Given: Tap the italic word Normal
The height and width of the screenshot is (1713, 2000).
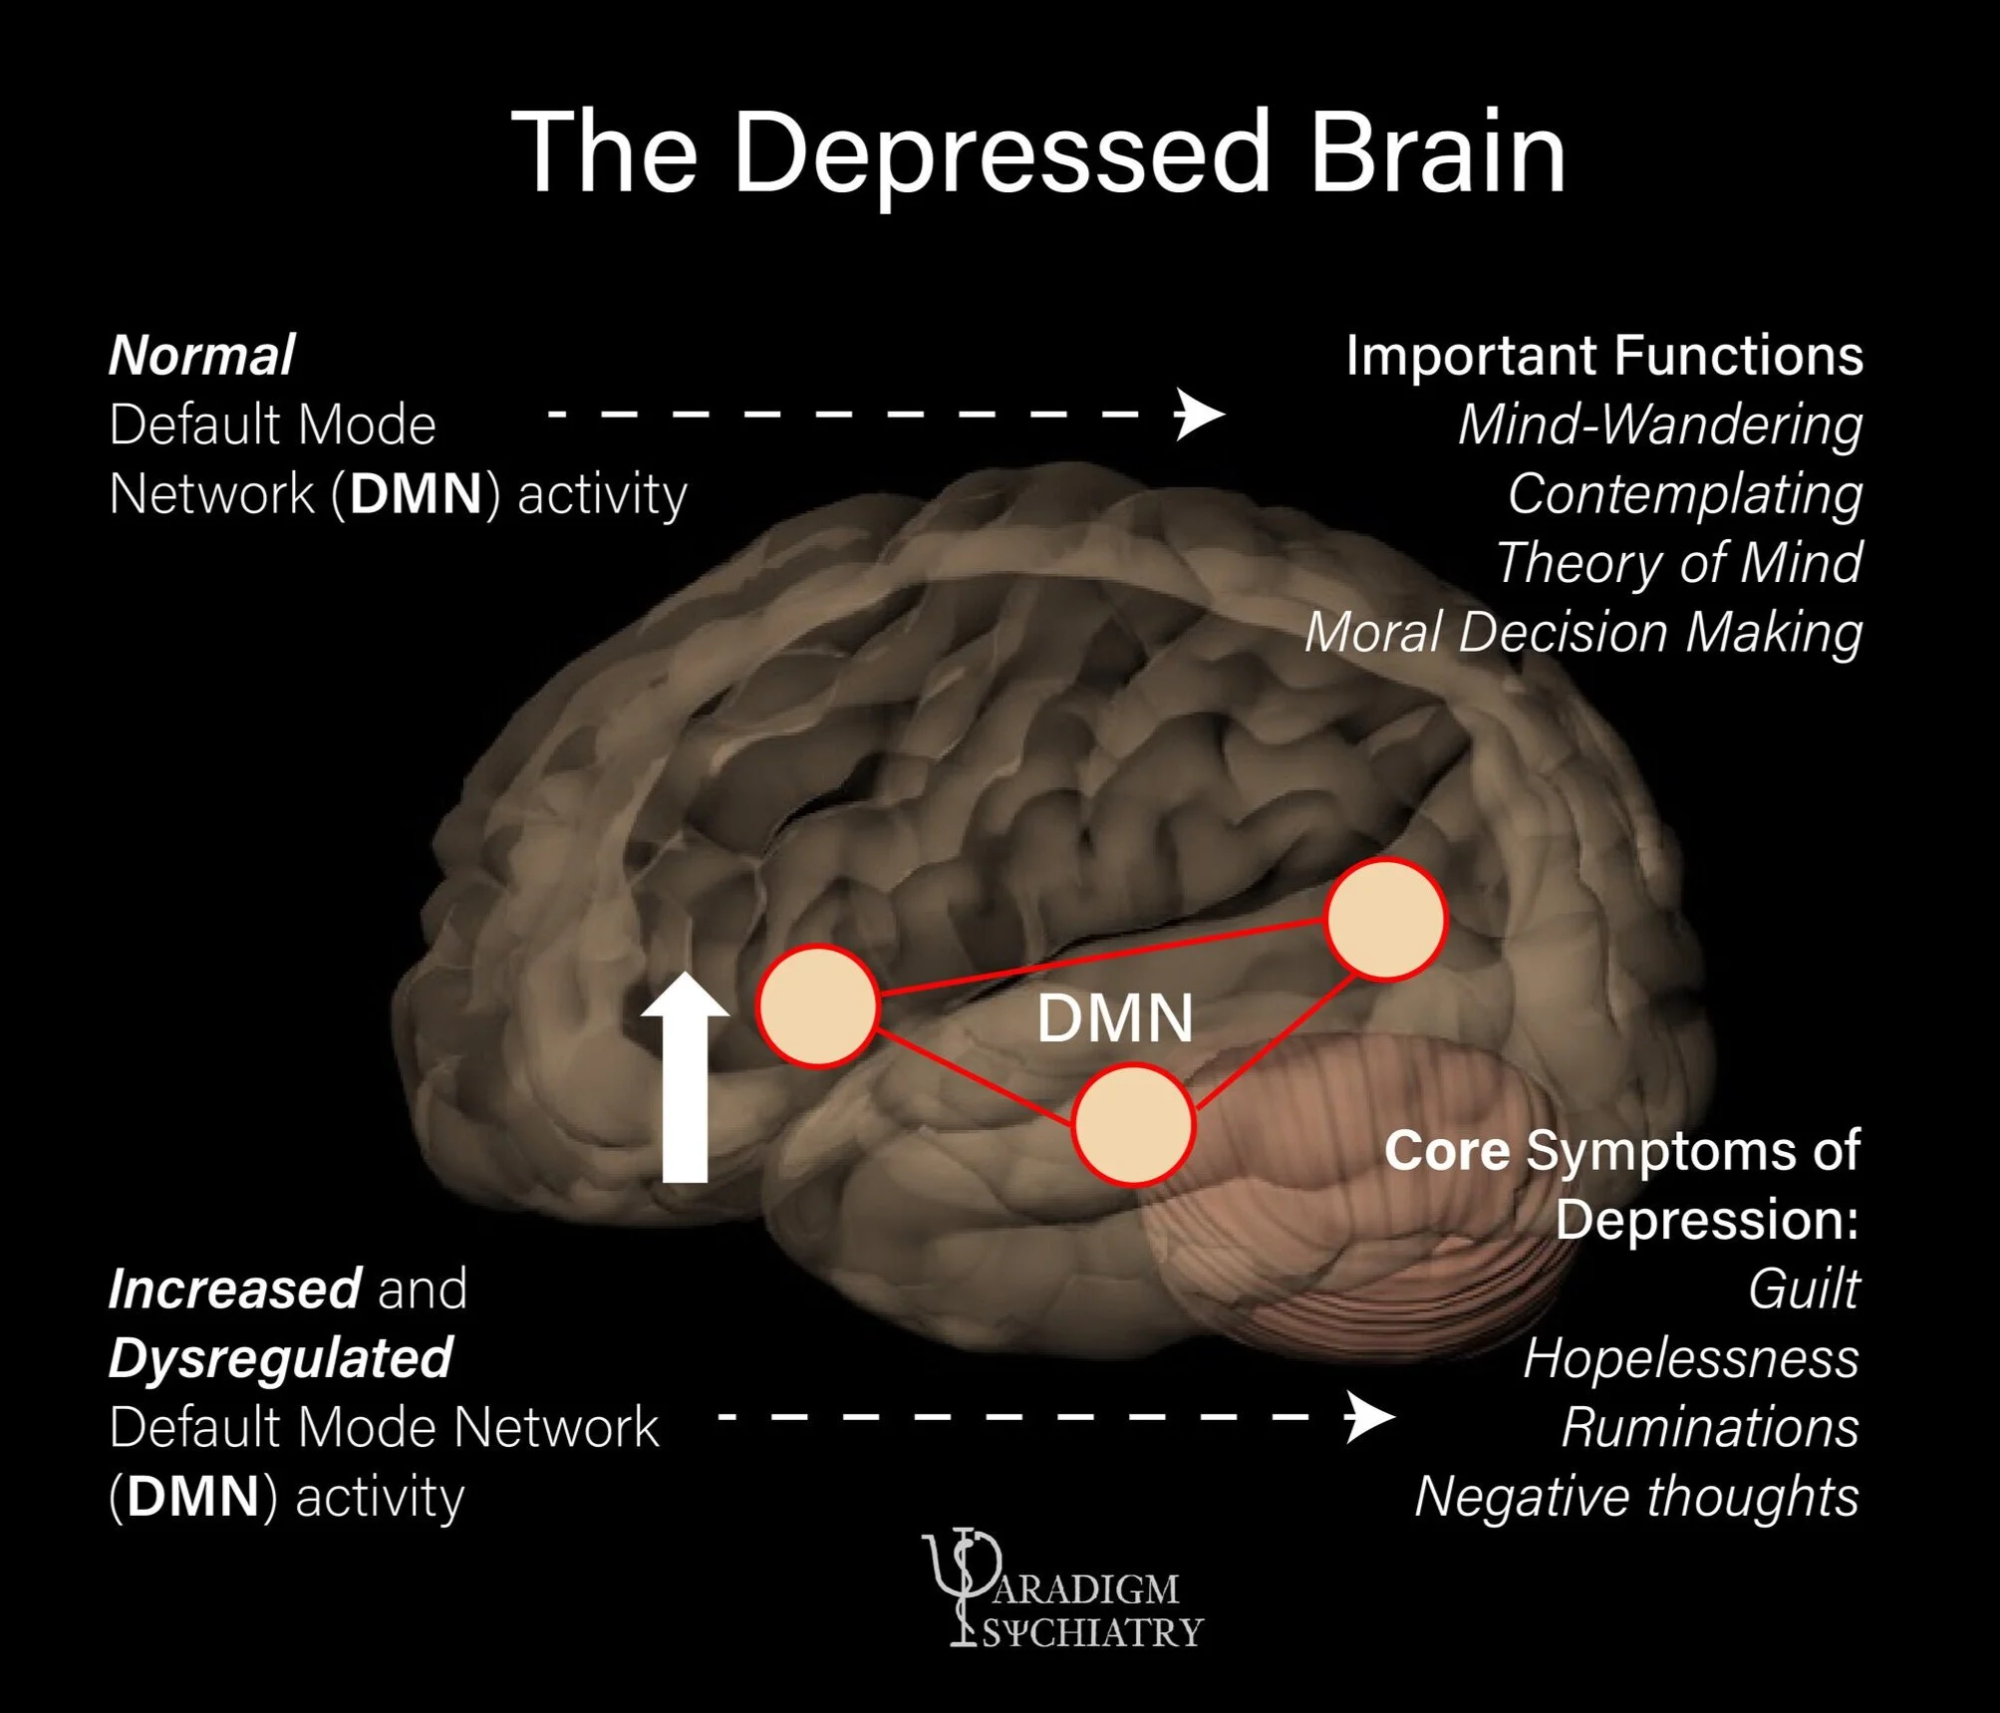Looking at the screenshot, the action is (x=201, y=356).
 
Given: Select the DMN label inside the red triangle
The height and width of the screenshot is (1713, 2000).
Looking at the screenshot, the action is (x=1114, y=1018).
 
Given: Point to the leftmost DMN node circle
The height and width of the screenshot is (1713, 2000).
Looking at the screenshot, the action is (x=817, y=1005).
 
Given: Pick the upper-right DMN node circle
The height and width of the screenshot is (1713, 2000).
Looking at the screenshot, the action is (x=1385, y=918).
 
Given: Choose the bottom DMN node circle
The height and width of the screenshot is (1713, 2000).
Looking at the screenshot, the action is (x=1132, y=1124).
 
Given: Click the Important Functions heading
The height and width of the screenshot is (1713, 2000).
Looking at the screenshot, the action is (x=1603, y=356).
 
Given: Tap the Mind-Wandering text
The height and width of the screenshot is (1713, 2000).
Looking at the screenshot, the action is (x=1659, y=425).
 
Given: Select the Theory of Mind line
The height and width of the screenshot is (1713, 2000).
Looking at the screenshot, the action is (x=1678, y=563).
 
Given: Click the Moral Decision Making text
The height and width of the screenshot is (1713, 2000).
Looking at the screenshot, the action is (x=1583, y=633).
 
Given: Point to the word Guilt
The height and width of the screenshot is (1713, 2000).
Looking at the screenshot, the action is (x=1803, y=1289).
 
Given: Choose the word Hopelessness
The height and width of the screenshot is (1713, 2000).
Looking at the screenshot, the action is (x=1690, y=1358).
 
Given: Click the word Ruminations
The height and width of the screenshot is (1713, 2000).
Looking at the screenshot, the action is (x=1709, y=1427).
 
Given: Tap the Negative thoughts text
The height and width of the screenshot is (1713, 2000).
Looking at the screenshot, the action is (x=1636, y=1497).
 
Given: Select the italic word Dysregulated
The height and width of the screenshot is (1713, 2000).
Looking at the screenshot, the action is (x=280, y=1358).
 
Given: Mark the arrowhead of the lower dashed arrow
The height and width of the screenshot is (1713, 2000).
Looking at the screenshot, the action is (x=1369, y=1416).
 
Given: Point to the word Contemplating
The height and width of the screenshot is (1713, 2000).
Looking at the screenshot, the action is (x=1684, y=494).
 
